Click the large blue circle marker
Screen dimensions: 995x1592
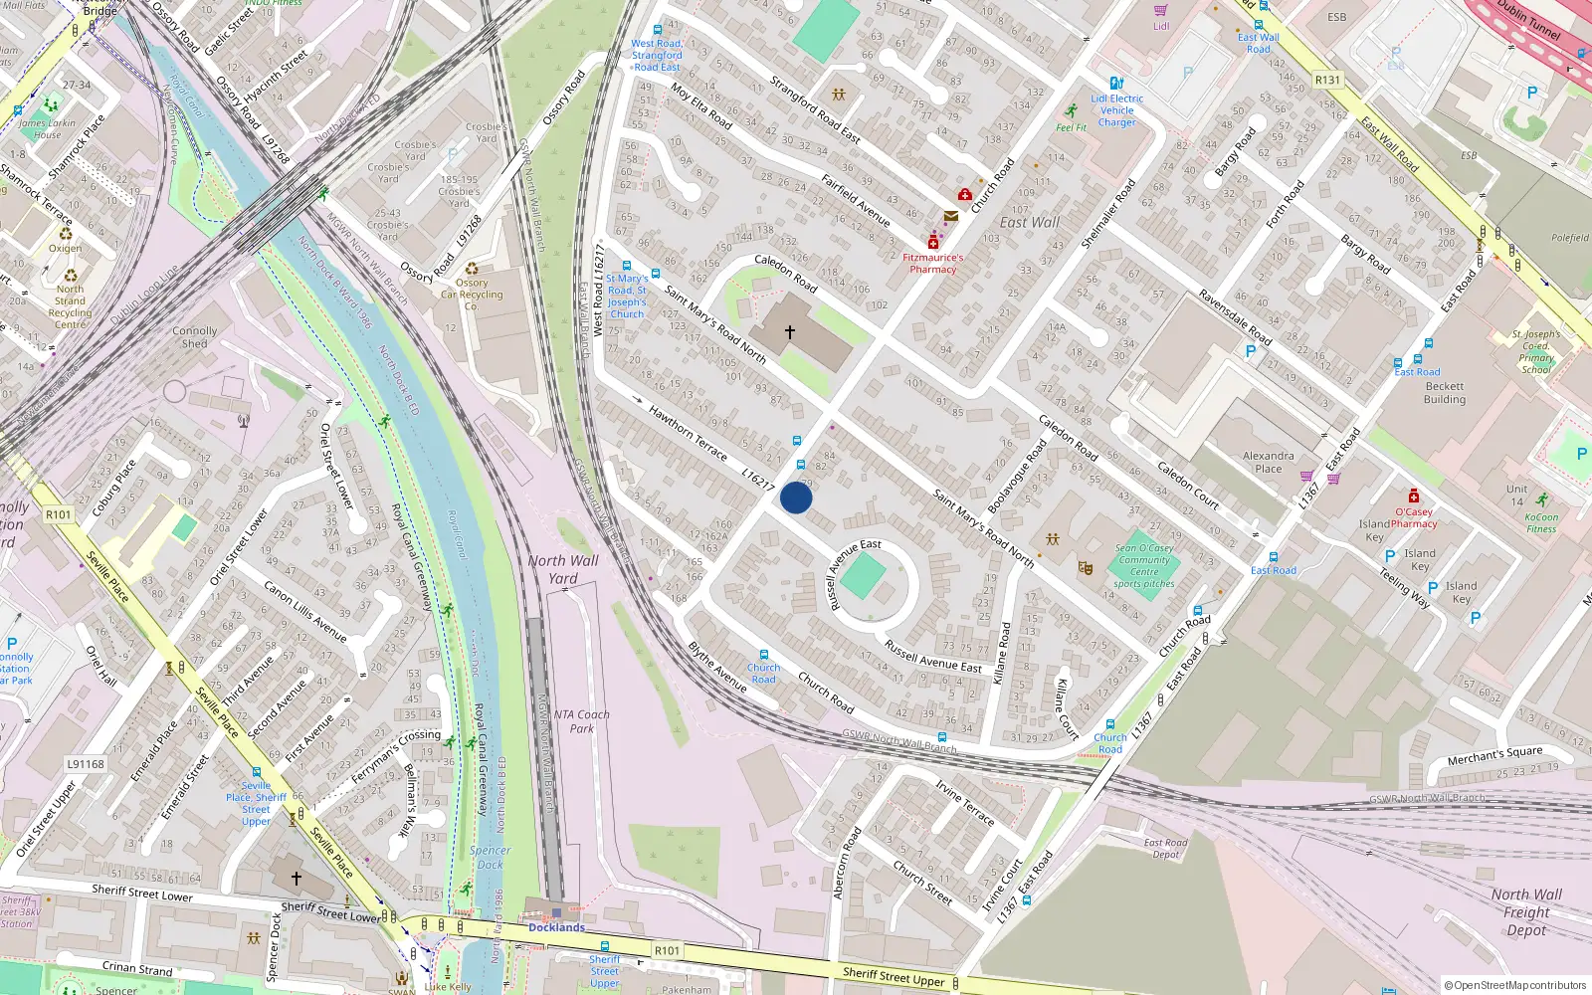(x=796, y=497)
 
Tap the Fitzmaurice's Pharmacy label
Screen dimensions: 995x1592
(x=932, y=264)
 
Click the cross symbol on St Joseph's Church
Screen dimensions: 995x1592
(x=790, y=332)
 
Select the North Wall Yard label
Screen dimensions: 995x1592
(x=563, y=569)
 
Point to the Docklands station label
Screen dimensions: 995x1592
(x=556, y=927)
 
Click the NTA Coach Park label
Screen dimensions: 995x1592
(x=582, y=721)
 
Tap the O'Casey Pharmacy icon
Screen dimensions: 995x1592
(x=1413, y=496)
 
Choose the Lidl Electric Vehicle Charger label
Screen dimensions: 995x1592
(x=1116, y=110)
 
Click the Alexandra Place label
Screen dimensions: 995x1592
(x=1269, y=462)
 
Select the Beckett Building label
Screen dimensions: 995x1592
(x=1445, y=393)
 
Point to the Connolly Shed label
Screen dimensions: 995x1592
(x=195, y=337)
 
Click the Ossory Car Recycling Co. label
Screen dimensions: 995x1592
(x=472, y=295)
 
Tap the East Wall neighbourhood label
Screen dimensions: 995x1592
(x=1030, y=222)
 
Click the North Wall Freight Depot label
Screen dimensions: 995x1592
(x=1526, y=912)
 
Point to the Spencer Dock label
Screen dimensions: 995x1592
(x=490, y=858)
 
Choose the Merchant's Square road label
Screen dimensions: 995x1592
(x=1494, y=756)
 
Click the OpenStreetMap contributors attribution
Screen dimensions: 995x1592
(x=1514, y=985)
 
